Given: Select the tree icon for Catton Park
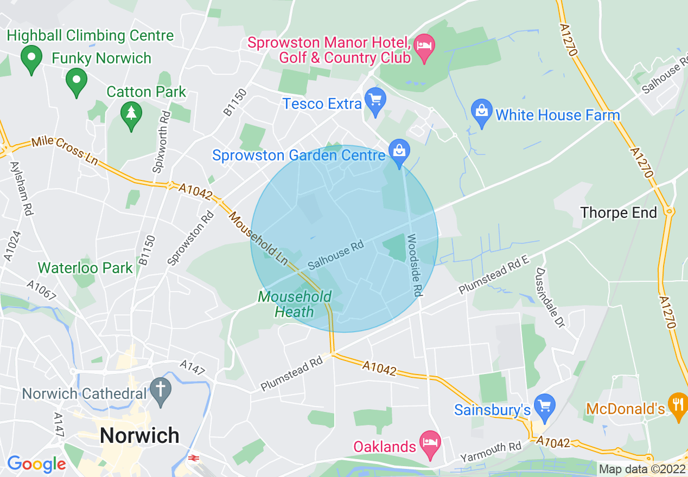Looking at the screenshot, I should (131, 114).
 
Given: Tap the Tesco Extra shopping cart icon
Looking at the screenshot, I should (375, 100).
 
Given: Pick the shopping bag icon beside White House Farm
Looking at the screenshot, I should (481, 112).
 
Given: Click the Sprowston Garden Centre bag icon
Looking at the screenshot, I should (399, 151).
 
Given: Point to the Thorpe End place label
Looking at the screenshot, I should (619, 212).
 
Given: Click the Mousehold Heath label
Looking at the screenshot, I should (295, 304).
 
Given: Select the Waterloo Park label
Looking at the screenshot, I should (85, 268).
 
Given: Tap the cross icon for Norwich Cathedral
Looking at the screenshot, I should (160, 390).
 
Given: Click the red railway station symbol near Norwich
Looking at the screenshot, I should (193, 458).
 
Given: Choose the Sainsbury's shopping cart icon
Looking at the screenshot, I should (544, 405).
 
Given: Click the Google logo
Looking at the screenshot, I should (36, 464).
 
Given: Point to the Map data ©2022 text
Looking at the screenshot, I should (641, 469).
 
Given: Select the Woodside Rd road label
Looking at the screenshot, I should (413, 265).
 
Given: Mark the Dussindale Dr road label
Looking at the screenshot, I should (550, 297).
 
